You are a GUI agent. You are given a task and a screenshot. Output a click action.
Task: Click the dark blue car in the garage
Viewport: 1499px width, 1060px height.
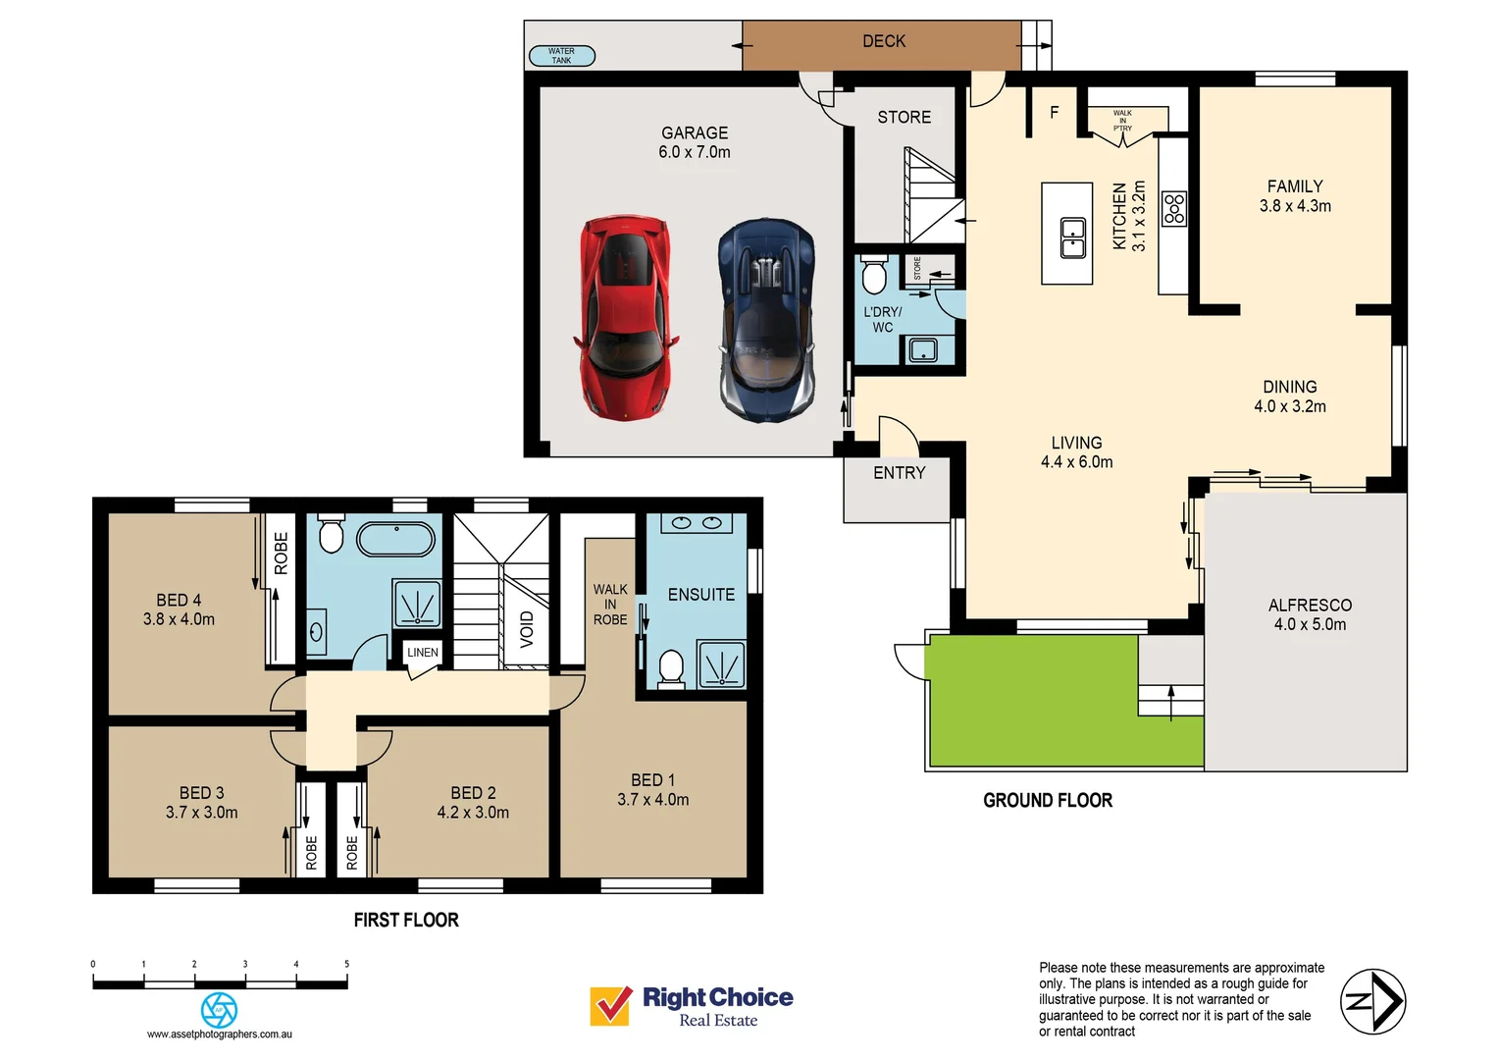(x=766, y=320)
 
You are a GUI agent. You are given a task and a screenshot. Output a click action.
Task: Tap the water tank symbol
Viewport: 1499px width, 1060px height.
(x=562, y=56)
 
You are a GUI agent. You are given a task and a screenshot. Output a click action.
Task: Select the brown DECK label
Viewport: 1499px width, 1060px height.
(x=883, y=41)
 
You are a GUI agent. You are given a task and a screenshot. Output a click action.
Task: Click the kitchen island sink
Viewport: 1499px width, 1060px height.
(x=1072, y=237)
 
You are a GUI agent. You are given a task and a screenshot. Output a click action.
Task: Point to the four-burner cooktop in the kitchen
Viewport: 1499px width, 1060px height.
(x=1174, y=208)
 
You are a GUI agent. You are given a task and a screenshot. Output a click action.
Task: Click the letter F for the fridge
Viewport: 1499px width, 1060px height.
(x=1055, y=113)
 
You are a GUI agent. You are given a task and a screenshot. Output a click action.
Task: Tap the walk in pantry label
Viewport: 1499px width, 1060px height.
(x=1122, y=120)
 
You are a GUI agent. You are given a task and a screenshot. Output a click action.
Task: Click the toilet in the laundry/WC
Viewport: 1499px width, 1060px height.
(x=873, y=275)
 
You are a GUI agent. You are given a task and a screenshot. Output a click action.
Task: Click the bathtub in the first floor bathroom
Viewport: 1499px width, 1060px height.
(x=395, y=540)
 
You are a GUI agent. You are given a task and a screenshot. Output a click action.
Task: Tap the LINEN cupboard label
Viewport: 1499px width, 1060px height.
(x=423, y=652)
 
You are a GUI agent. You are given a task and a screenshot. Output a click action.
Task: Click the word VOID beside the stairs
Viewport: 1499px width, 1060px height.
(x=527, y=629)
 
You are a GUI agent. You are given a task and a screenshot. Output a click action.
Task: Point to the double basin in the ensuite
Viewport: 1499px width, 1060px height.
(x=697, y=523)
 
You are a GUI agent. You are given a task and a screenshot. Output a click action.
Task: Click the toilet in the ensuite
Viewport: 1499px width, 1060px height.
(x=671, y=667)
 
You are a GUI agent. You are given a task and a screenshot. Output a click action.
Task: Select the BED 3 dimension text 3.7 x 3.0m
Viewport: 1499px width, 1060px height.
(x=201, y=813)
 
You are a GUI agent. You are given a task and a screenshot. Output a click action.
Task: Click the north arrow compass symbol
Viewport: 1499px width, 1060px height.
(x=1372, y=1001)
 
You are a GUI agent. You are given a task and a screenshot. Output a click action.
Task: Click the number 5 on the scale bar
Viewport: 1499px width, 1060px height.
(x=346, y=964)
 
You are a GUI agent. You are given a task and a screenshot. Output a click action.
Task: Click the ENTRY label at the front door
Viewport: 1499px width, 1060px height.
(x=899, y=473)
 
